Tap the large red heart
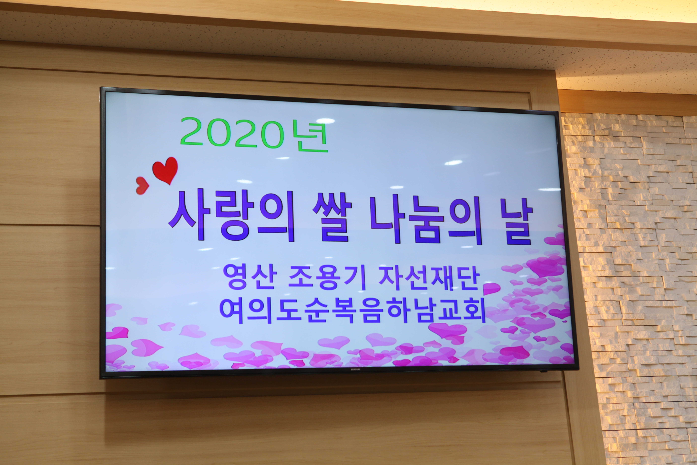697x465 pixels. click(x=165, y=170)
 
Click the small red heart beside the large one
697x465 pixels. click(x=142, y=186)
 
